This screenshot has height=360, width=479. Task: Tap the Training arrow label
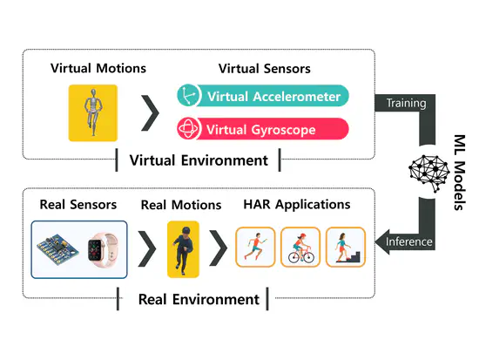(406, 103)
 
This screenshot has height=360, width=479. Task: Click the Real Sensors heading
(78, 205)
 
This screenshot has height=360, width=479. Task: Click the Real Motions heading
(181, 205)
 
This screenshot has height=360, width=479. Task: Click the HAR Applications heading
(298, 205)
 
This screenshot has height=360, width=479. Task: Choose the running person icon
(257, 248)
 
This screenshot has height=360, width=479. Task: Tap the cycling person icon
(300, 248)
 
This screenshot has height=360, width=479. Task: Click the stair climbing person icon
(346, 248)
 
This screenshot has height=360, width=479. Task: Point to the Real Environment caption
(199, 299)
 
